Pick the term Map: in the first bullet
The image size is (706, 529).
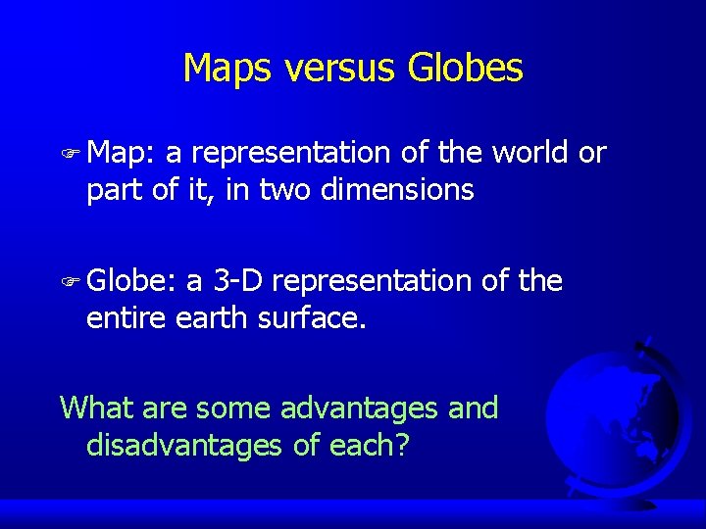tap(122, 154)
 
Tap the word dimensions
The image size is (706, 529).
tap(398, 189)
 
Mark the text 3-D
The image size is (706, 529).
tap(237, 282)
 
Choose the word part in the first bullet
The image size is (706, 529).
tap(114, 191)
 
